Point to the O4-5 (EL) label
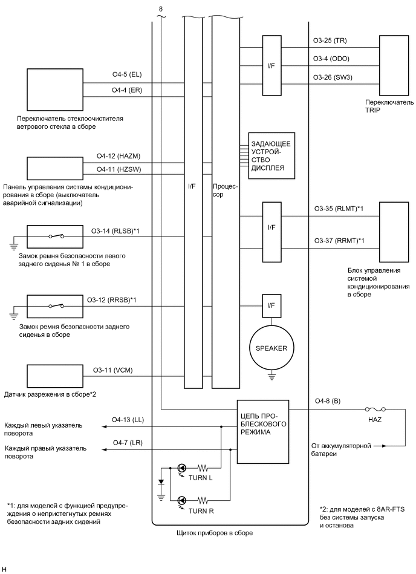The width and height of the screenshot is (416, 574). (x=126, y=76)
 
